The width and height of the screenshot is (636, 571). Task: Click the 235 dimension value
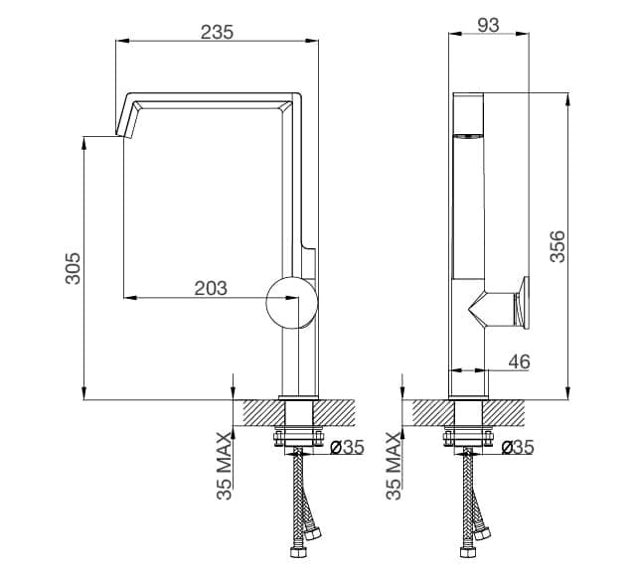click(217, 31)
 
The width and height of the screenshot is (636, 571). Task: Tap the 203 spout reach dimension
click(211, 289)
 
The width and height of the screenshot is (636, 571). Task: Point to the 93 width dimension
click(488, 26)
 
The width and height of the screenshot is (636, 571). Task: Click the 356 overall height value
click(557, 246)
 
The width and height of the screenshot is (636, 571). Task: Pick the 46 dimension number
click(518, 363)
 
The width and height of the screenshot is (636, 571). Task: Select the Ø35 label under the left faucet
click(346, 448)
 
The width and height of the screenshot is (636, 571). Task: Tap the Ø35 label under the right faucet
click(518, 448)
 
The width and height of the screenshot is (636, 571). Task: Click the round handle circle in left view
click(293, 303)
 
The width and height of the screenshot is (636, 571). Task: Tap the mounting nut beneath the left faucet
click(299, 434)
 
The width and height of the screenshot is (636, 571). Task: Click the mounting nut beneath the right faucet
click(469, 434)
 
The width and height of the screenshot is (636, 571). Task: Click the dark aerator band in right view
click(470, 135)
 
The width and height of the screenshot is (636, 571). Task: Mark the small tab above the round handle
click(310, 260)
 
